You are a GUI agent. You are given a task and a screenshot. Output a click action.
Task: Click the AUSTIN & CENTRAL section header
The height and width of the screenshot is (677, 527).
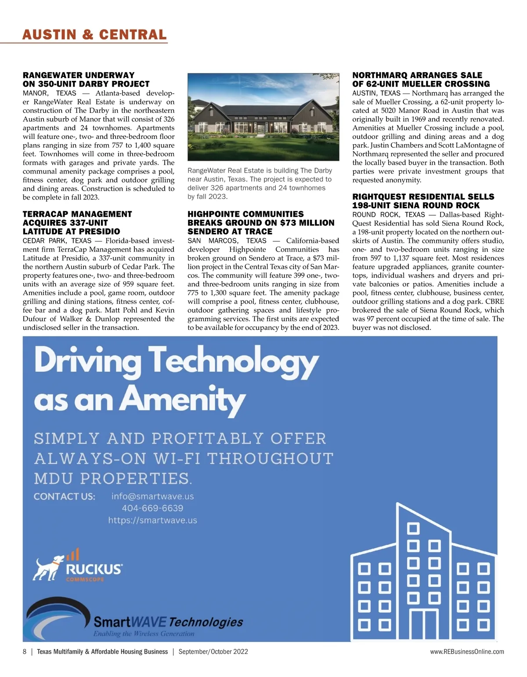coord(94,35)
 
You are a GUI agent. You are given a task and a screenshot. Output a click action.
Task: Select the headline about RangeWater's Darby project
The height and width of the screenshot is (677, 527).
coord(86,80)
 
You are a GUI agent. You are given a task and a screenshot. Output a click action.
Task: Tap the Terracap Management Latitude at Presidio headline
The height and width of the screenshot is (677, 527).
coord(77,223)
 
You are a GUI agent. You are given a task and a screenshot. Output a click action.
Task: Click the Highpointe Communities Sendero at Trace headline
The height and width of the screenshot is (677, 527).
coord(261,223)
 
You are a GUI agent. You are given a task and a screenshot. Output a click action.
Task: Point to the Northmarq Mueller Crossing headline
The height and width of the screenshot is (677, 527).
coord(421,80)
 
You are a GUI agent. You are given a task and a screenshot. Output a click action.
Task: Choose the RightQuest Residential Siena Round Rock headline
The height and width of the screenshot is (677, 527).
coord(423,201)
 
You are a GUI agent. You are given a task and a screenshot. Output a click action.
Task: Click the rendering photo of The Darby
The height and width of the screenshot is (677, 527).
coord(263,117)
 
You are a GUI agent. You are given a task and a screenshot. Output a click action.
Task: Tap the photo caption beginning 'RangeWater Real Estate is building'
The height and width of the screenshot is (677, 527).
coord(260,183)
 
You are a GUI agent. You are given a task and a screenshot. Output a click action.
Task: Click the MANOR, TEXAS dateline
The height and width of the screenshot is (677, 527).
coord(50,93)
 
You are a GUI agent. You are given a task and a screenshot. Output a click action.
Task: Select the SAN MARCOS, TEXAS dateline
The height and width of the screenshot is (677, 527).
coord(227,241)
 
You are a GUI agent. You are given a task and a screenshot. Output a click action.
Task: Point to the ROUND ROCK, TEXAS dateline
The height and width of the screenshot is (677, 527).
coord(388,215)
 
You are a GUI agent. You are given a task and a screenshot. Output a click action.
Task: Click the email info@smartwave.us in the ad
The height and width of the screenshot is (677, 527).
coord(152,496)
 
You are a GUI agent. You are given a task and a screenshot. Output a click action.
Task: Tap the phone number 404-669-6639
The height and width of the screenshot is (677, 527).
coord(152,508)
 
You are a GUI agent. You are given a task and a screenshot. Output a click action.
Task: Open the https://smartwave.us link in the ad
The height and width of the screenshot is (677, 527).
coord(152,520)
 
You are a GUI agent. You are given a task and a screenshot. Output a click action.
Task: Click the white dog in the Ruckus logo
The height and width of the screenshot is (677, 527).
coord(47,568)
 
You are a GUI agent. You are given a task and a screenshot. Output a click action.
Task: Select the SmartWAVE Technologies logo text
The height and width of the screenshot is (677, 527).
coord(168,622)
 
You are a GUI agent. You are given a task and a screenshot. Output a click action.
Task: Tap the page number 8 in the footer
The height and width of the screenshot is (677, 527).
coord(25,652)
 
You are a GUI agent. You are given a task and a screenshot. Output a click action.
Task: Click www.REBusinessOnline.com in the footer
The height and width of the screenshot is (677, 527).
coord(467,652)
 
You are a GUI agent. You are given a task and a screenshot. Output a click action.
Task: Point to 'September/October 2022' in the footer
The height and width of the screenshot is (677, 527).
coord(213,652)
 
